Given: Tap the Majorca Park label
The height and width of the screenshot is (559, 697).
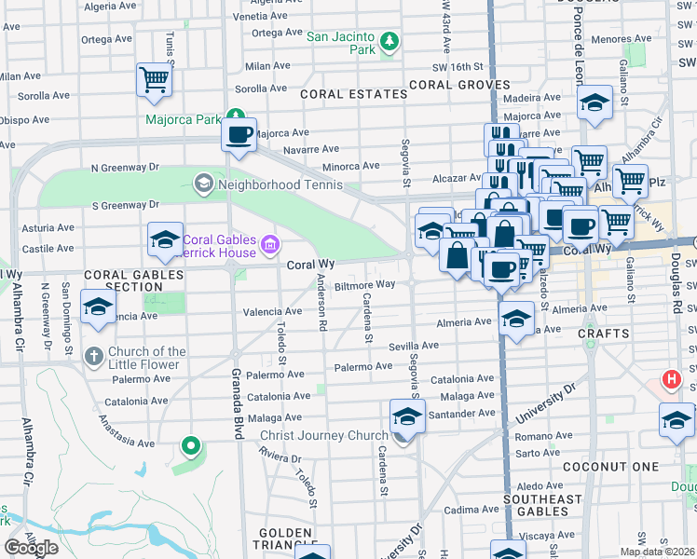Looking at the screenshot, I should coord(184,120).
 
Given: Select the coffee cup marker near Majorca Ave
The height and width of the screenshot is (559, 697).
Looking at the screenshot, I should coord(239,135).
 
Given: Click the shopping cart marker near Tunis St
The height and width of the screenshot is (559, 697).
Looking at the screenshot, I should coord(154,80).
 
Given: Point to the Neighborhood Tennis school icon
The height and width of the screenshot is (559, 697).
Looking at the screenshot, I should coord(202,184).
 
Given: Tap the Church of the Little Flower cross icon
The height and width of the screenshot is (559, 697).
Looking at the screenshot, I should coord(93,357).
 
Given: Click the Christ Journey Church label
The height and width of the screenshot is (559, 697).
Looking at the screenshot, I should coord(323,436).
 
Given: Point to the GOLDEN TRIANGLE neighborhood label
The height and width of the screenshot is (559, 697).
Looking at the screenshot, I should coord(284,539).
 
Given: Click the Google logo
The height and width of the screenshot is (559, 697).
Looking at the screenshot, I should coord(31,547).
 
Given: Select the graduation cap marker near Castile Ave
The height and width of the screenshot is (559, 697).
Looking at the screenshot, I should coord(165,239).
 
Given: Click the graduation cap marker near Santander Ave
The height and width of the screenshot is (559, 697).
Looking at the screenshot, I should coord(407,416).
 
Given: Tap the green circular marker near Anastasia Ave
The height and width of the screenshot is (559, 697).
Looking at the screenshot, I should coord(191,446).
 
